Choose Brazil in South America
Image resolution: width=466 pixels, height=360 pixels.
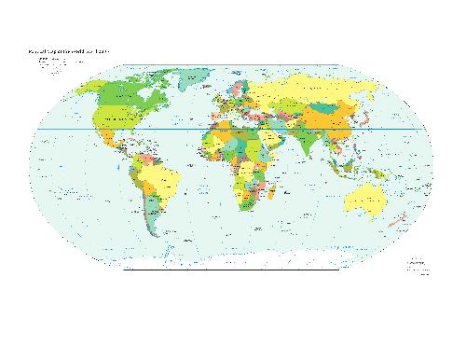point(164,181)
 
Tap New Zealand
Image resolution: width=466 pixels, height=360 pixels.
point(403,223)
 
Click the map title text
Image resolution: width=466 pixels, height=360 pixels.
point(70,52)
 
